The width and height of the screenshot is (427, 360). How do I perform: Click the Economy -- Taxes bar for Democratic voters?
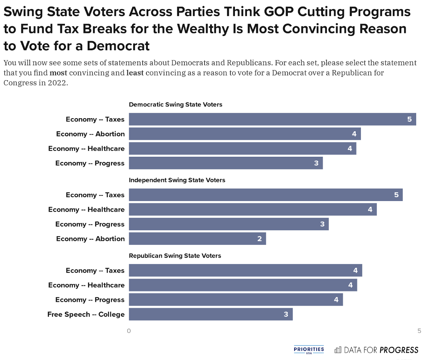click(x=272, y=119)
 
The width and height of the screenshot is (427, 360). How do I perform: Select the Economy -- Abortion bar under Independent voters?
click(x=197, y=238)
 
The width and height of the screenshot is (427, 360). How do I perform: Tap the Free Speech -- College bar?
click(x=210, y=314)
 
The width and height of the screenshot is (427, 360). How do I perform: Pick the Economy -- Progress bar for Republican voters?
click(x=236, y=300)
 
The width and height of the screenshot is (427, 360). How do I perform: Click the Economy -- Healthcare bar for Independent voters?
click(x=253, y=210)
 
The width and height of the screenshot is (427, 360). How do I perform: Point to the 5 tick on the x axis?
click(x=419, y=331)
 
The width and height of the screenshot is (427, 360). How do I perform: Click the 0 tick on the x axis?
click(x=129, y=331)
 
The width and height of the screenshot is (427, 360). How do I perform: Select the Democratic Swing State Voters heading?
click(x=176, y=105)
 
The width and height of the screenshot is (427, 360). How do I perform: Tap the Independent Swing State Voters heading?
click(x=177, y=180)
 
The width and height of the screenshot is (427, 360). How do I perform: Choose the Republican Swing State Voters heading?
click(x=175, y=256)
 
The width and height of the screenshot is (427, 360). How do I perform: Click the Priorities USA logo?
click(x=309, y=350)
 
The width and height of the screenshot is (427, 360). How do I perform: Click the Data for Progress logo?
click(x=376, y=350)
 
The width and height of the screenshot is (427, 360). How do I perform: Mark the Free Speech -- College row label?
click(x=86, y=314)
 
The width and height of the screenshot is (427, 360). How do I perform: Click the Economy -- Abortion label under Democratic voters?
click(x=90, y=134)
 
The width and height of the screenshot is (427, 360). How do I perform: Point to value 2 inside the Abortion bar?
click(x=259, y=238)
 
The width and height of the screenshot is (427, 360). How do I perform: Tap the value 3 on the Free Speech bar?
click(x=286, y=314)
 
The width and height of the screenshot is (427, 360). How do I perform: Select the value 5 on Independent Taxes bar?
click(x=396, y=195)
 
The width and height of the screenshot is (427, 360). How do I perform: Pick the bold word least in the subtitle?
click(x=135, y=73)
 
